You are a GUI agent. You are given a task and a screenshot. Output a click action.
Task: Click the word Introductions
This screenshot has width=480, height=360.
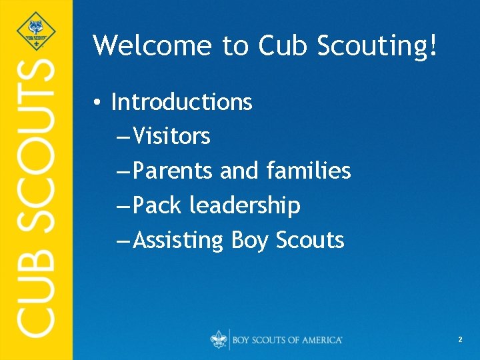[181, 102]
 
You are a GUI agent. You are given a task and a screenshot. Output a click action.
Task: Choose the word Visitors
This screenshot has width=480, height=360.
[171, 137]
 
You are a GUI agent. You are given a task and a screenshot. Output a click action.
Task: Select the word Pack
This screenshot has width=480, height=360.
[157, 206]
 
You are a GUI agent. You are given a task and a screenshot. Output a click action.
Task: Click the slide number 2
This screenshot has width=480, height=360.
[460, 340]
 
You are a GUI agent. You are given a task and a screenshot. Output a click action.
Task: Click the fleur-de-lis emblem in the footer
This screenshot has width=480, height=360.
[218, 339]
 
